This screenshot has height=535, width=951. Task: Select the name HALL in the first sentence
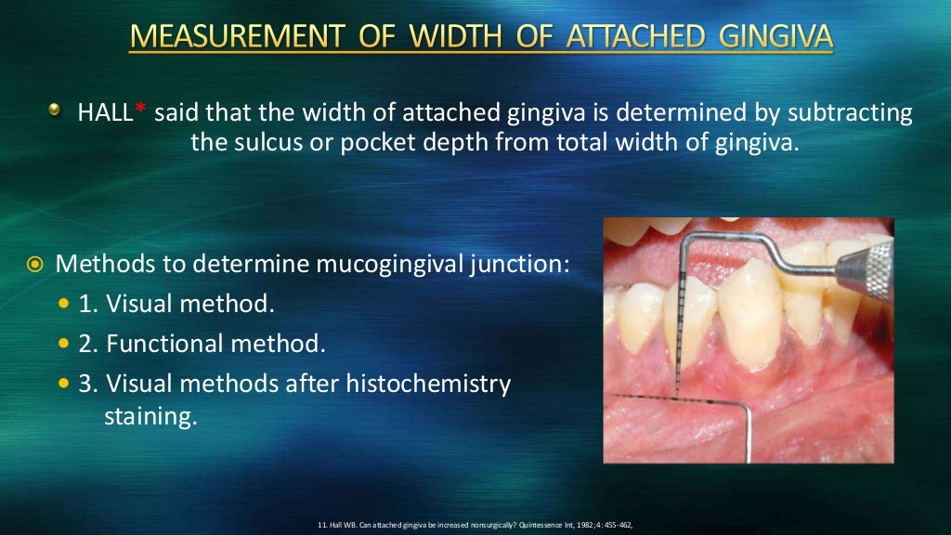click(x=106, y=114)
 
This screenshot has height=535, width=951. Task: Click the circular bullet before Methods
click(x=34, y=264)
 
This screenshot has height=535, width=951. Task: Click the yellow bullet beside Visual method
click(x=64, y=304)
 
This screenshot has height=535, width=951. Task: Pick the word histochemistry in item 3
click(x=433, y=384)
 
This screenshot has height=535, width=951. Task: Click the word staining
click(x=150, y=416)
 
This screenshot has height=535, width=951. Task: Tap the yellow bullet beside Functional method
click(x=64, y=344)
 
